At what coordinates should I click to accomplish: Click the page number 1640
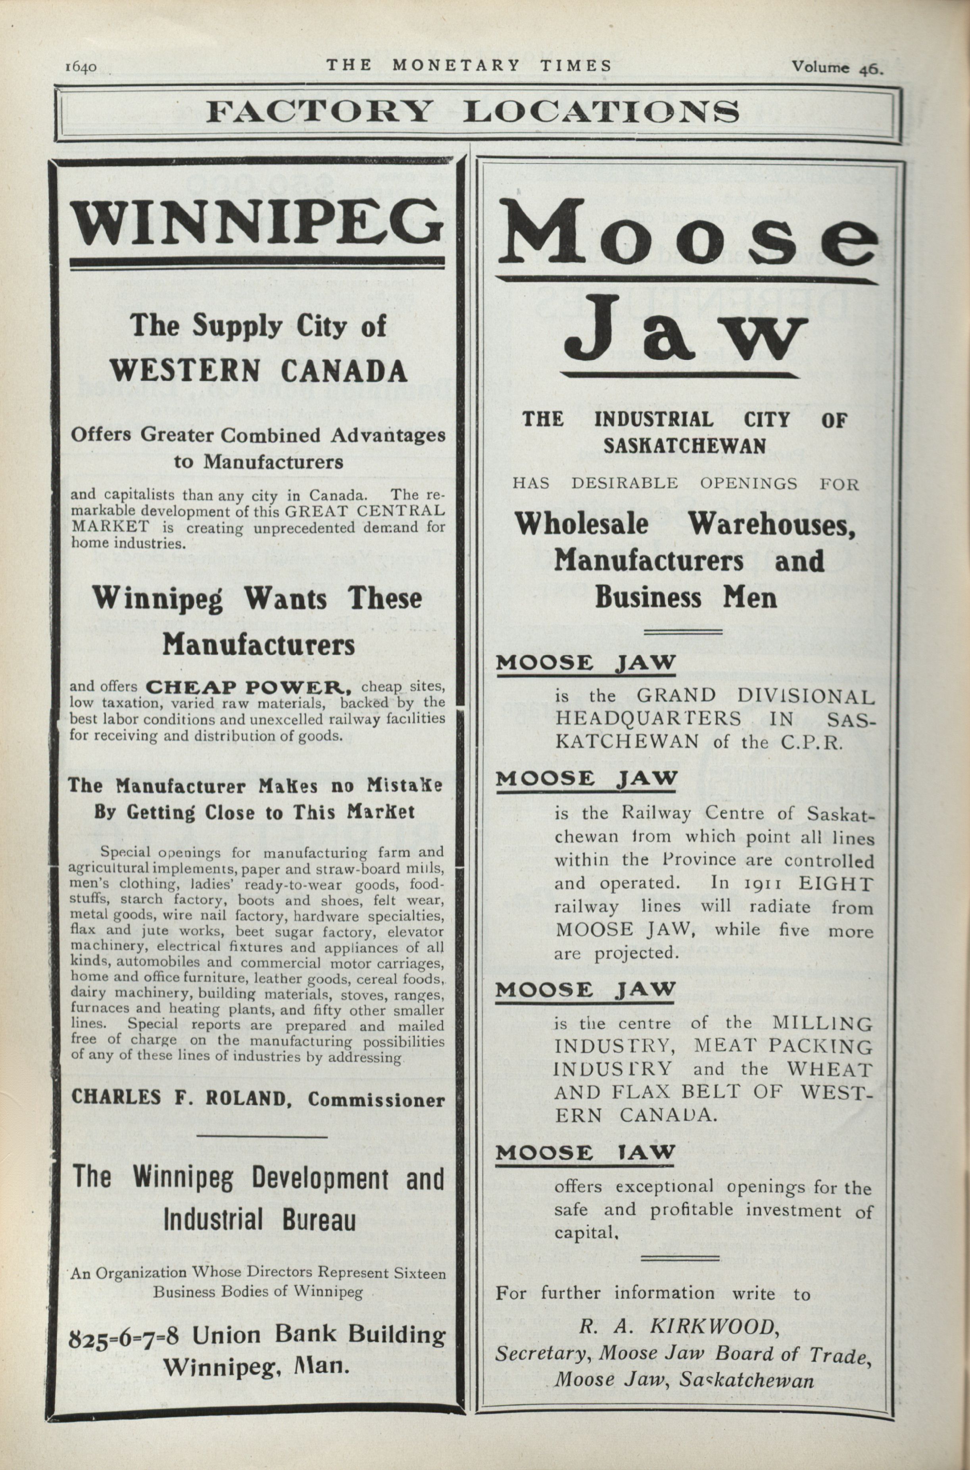pyautogui.click(x=80, y=67)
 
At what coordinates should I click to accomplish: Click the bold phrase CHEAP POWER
pyautogui.click(x=249, y=687)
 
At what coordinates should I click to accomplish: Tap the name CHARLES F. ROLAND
pyautogui.click(x=179, y=1097)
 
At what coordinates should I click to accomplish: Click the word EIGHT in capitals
pyautogui.click(x=835, y=884)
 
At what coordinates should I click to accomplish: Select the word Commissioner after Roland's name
pyautogui.click(x=376, y=1099)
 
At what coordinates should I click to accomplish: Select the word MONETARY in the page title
pyautogui.click(x=456, y=65)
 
